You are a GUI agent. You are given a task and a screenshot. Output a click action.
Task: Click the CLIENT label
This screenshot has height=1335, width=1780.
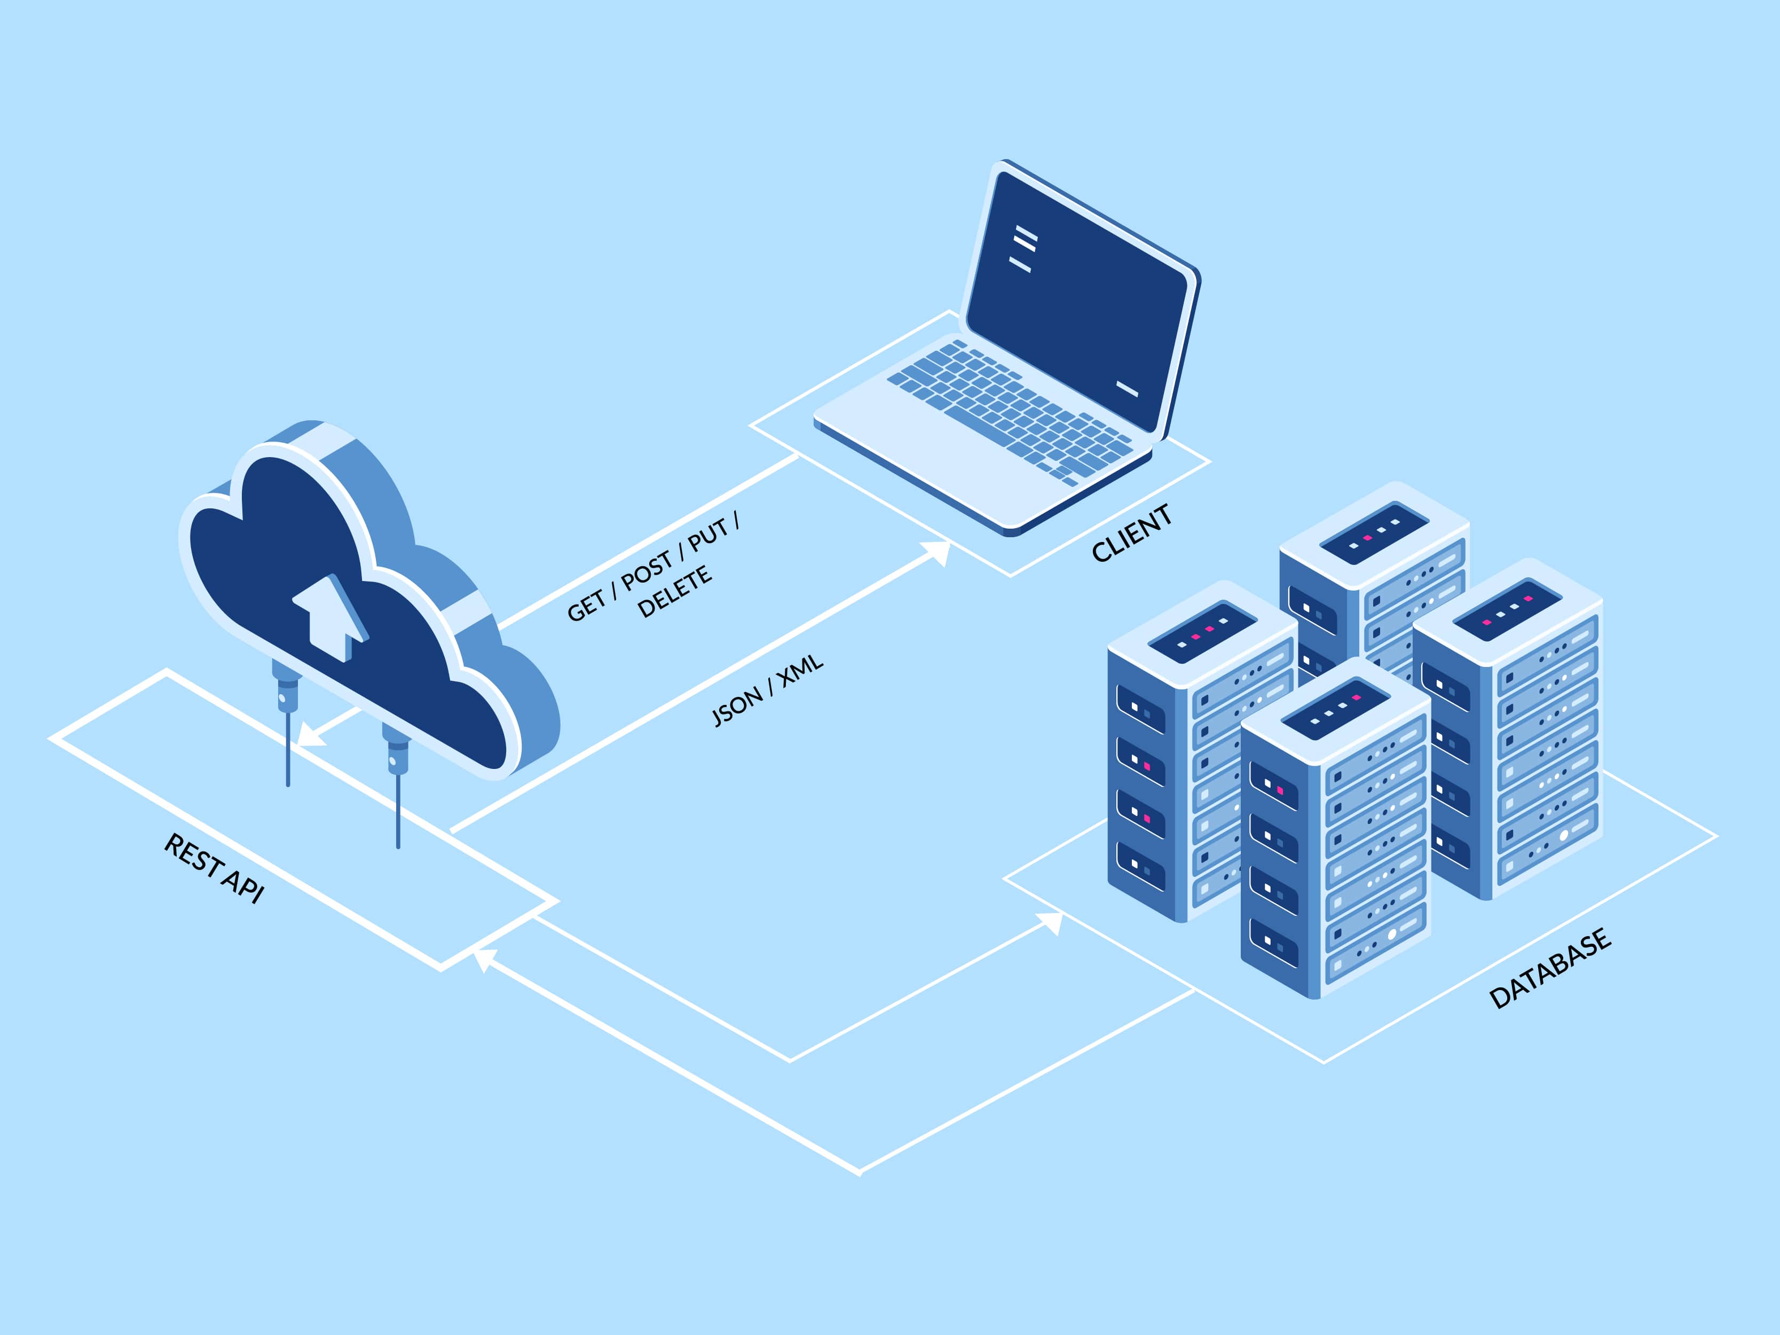[x=1131, y=533]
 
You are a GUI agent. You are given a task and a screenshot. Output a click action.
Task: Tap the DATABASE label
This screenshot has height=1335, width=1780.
[x=1550, y=968]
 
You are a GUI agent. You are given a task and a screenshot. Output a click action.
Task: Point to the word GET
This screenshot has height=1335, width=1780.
[x=585, y=606]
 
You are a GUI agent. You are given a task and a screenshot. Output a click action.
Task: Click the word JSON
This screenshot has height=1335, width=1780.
[x=736, y=706]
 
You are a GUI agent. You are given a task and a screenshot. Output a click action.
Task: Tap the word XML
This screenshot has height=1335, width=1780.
[x=801, y=669]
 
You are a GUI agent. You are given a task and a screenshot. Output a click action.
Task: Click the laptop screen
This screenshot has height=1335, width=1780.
[x=1078, y=298]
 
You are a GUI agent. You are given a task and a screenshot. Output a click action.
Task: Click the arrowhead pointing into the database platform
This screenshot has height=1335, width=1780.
[x=1050, y=922]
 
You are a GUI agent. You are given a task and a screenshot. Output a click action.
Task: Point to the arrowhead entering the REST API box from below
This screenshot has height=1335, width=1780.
[x=483, y=959]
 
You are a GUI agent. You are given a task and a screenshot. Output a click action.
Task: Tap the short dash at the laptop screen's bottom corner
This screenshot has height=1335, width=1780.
[x=1127, y=389]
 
